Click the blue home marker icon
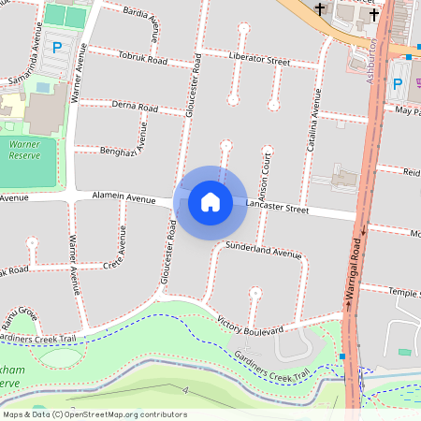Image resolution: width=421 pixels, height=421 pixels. pyautogui.click(x=210, y=201)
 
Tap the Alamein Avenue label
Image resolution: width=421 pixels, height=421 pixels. pyautogui.click(x=122, y=198)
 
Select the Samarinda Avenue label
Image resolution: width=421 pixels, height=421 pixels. pyautogui.click(x=28, y=64)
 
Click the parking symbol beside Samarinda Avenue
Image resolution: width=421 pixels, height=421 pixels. pyautogui.click(x=57, y=46)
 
